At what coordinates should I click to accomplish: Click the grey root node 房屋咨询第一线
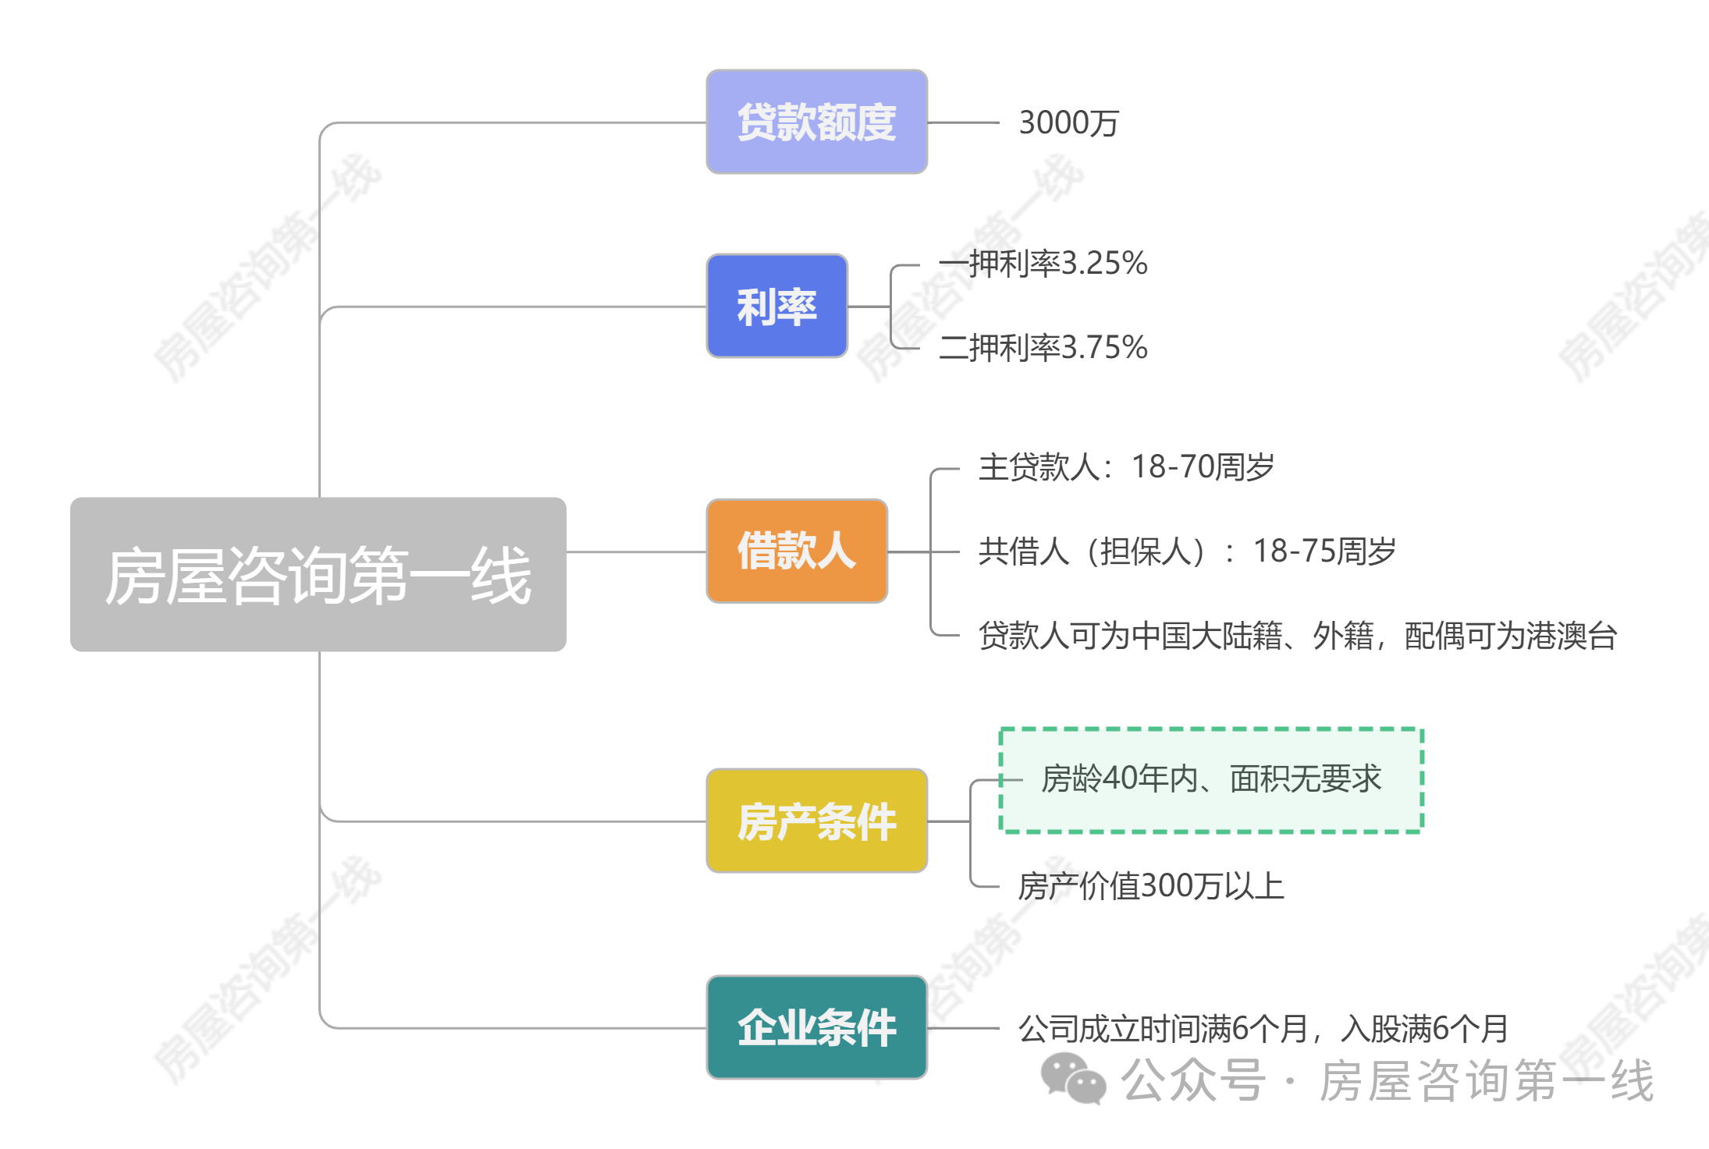(318, 574)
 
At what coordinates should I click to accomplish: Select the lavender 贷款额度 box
(816, 122)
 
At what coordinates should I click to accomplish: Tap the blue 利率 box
(776, 306)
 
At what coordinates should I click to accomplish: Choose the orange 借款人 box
(797, 551)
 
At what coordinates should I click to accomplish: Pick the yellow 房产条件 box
(816, 821)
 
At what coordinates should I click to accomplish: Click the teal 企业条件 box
(816, 1027)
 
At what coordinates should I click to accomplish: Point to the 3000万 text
(1068, 122)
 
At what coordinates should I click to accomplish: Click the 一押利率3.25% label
(1043, 264)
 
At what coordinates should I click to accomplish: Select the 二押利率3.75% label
(1043, 348)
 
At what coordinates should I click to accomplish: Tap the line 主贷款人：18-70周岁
(1125, 467)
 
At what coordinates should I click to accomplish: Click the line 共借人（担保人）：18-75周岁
(1186, 551)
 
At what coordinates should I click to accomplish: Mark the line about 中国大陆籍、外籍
(1297, 636)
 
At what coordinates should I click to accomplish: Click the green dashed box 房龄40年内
(1211, 780)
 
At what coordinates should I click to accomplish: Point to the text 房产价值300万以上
(1150, 886)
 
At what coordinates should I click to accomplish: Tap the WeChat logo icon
(1073, 1079)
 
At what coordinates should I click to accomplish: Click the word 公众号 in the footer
(1192, 1080)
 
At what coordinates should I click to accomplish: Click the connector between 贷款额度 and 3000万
(963, 122)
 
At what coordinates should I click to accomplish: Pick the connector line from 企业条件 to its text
(963, 1028)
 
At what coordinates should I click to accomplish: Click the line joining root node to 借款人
(636, 551)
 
